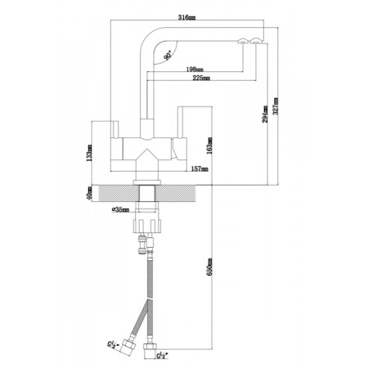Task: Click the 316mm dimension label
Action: (x=186, y=17)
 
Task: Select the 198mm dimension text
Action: (x=195, y=70)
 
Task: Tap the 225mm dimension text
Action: (x=201, y=78)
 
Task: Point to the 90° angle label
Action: (x=168, y=56)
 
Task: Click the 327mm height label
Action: (x=276, y=106)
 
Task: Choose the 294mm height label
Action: (x=265, y=114)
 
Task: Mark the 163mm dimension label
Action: (x=209, y=146)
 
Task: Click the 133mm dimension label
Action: (x=89, y=153)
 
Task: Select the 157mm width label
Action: (x=200, y=168)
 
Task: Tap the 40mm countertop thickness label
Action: (x=89, y=193)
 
